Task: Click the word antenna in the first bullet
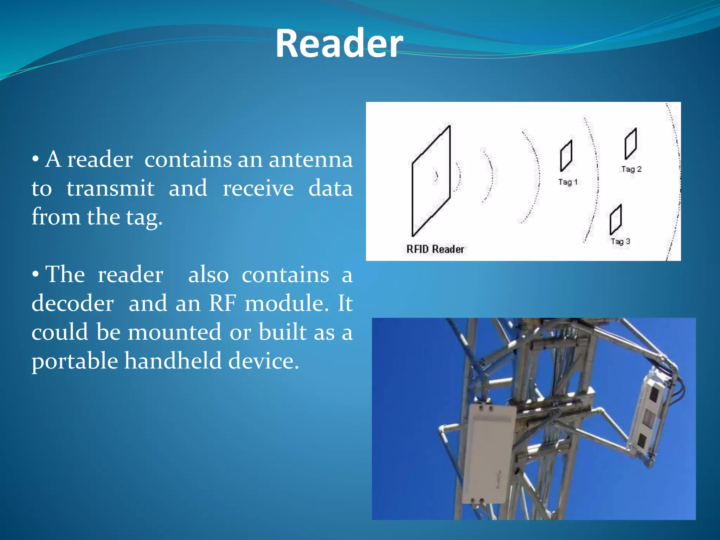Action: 311,160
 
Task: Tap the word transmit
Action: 110,188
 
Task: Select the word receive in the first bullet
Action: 258,188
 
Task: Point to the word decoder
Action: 73,303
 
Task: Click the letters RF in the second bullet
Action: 222,303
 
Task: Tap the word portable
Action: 75,361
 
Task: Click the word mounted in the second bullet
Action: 174,332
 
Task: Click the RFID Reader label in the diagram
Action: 435,249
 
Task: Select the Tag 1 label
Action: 568,182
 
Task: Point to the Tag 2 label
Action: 631,169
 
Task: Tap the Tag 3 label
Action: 621,242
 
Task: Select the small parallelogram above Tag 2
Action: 631,144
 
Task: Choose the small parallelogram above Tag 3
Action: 616,220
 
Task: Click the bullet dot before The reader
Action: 35,275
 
